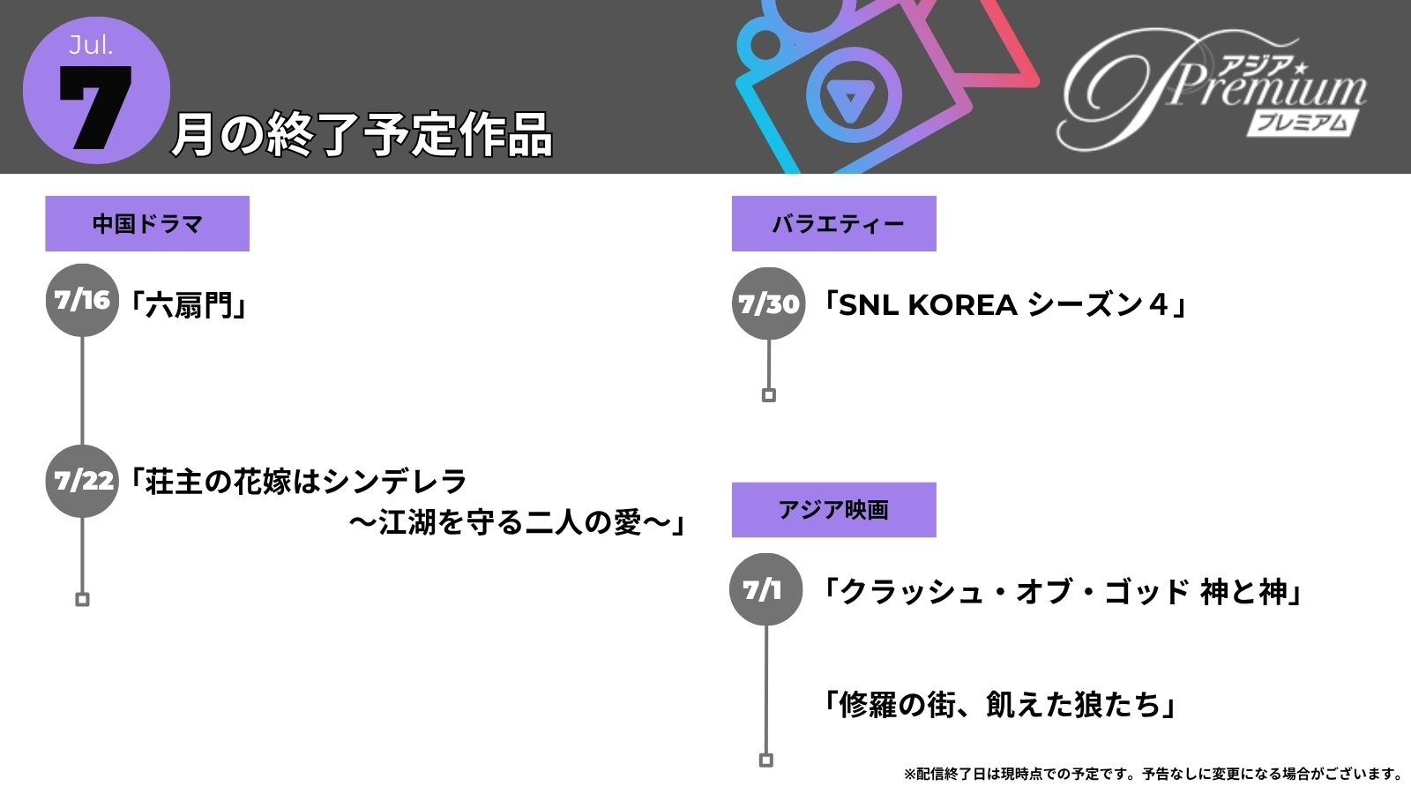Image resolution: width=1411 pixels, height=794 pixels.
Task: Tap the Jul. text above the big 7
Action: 91,45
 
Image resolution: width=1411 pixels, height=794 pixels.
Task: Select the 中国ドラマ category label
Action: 147,224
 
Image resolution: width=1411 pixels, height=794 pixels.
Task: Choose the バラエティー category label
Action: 834,224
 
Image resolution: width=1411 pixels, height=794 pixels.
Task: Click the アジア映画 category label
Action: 834,510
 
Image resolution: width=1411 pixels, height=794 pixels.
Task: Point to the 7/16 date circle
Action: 82,301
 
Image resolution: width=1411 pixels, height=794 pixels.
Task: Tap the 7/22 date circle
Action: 82,482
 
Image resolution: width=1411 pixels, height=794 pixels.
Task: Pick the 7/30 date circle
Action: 768,303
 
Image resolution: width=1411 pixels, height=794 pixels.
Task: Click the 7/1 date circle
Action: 766,590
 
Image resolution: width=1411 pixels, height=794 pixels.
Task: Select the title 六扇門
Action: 188,305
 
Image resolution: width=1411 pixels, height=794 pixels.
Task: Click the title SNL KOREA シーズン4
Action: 1004,305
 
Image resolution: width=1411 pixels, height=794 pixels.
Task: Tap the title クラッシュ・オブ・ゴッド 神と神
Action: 1062,592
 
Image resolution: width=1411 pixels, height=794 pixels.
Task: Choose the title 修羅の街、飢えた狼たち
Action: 999,704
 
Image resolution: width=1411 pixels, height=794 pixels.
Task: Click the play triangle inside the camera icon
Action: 850,99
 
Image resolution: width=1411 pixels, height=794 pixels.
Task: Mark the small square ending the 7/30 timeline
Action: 768,395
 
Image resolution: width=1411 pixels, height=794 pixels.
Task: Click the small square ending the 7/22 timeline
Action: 82,599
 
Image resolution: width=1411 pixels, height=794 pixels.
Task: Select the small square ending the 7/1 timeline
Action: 766,760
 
